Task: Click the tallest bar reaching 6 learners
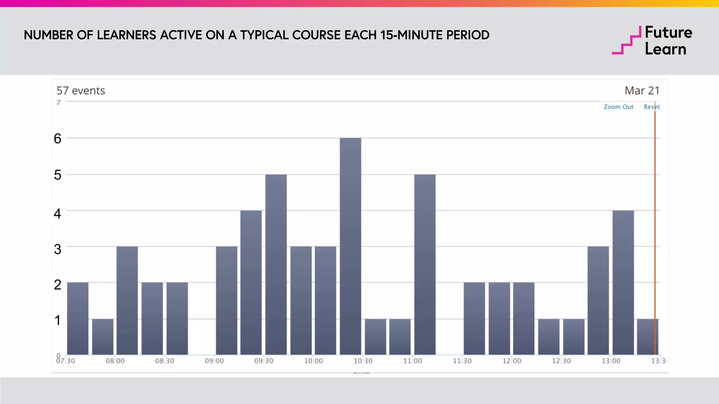(x=350, y=245)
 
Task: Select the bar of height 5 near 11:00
(x=425, y=264)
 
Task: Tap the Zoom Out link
(x=618, y=107)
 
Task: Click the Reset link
(x=651, y=107)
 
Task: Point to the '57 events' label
(x=81, y=91)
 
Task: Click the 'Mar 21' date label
(x=642, y=91)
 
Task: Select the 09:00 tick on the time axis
(x=214, y=361)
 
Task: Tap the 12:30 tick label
(x=561, y=361)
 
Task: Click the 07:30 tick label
(x=66, y=361)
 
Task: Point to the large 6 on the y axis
(x=58, y=139)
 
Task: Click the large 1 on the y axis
(x=58, y=320)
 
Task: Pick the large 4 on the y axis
(x=58, y=214)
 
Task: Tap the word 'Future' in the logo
(x=668, y=33)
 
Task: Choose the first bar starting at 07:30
(x=78, y=318)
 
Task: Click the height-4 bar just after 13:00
(x=623, y=282)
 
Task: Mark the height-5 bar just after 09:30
(x=276, y=264)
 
